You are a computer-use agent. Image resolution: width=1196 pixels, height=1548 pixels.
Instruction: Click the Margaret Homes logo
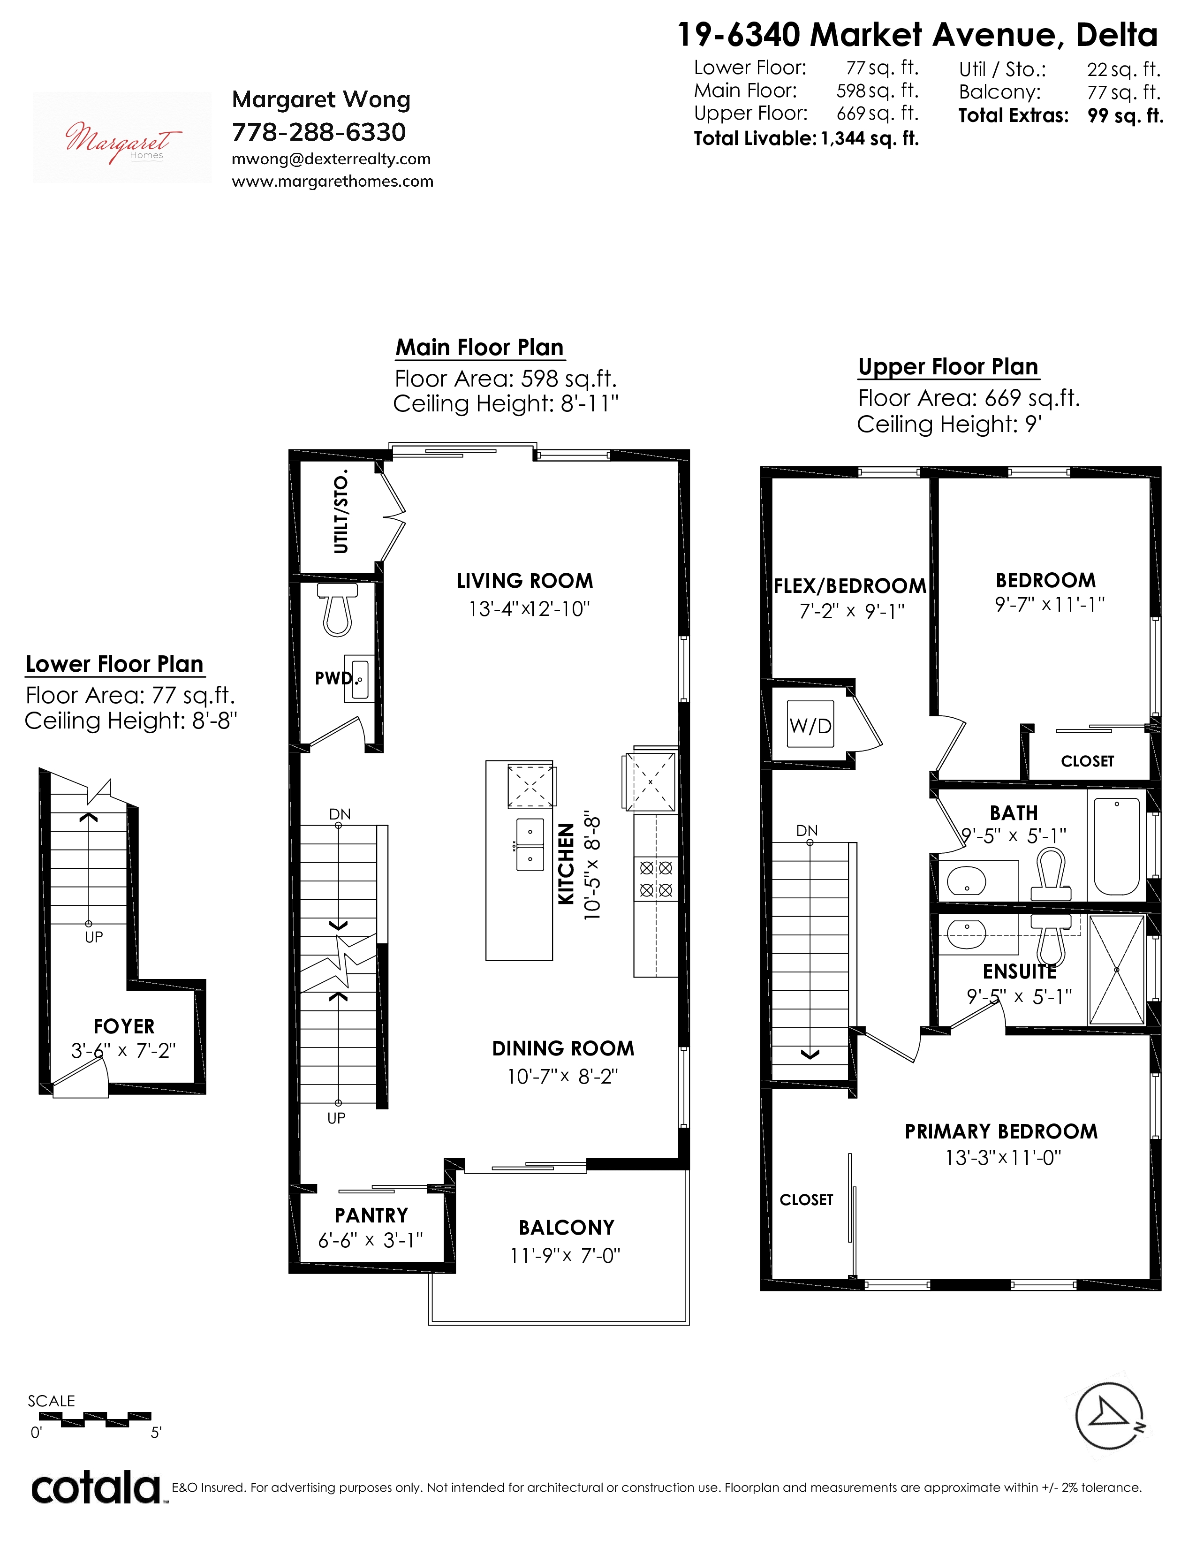122,137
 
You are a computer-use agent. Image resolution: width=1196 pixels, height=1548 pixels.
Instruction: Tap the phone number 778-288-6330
319,132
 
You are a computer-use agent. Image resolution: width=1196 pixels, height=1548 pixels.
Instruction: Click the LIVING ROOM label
525,581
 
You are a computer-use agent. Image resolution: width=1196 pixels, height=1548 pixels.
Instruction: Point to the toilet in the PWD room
338,609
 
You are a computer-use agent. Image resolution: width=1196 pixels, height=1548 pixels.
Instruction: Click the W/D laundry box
810,724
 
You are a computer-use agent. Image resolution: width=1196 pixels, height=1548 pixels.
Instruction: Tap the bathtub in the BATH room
1117,846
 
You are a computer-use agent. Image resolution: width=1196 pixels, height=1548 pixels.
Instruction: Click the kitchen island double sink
529,844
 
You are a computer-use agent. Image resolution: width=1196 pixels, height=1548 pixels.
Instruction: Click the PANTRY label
371,1215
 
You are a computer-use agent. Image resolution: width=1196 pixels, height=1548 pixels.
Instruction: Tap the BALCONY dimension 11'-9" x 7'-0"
566,1255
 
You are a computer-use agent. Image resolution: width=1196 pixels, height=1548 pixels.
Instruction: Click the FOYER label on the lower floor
124,1026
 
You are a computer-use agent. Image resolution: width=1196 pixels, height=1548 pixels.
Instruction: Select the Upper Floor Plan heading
948,366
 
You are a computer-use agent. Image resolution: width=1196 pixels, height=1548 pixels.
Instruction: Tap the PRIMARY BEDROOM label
1001,1131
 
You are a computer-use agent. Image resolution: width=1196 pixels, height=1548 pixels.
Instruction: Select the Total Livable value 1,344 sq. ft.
870,138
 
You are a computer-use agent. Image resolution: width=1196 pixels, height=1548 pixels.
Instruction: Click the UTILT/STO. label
341,510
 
